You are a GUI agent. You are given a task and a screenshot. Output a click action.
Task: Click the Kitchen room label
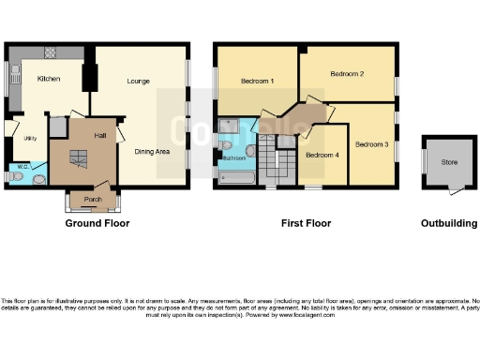click(x=49, y=79)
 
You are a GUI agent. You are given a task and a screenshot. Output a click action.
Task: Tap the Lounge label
click(x=139, y=82)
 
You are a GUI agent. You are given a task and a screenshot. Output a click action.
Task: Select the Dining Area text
click(x=152, y=151)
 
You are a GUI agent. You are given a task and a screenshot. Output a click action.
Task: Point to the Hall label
click(x=99, y=135)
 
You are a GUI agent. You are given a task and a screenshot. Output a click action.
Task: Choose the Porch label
click(x=93, y=199)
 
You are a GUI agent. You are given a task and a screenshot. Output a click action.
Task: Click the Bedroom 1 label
click(x=257, y=82)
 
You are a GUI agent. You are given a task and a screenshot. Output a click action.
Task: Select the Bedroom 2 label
click(x=347, y=73)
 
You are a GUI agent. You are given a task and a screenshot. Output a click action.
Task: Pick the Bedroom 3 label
click(x=372, y=144)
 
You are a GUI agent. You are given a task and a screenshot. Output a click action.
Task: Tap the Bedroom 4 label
click(x=322, y=155)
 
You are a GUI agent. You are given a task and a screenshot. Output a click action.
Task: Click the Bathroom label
click(x=233, y=158)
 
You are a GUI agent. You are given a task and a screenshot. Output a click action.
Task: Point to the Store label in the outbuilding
click(x=450, y=162)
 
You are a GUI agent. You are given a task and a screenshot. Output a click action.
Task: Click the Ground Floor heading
click(x=97, y=224)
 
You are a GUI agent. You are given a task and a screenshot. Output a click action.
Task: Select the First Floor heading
click(x=307, y=224)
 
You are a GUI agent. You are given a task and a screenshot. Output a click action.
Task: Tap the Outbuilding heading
click(x=449, y=224)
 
